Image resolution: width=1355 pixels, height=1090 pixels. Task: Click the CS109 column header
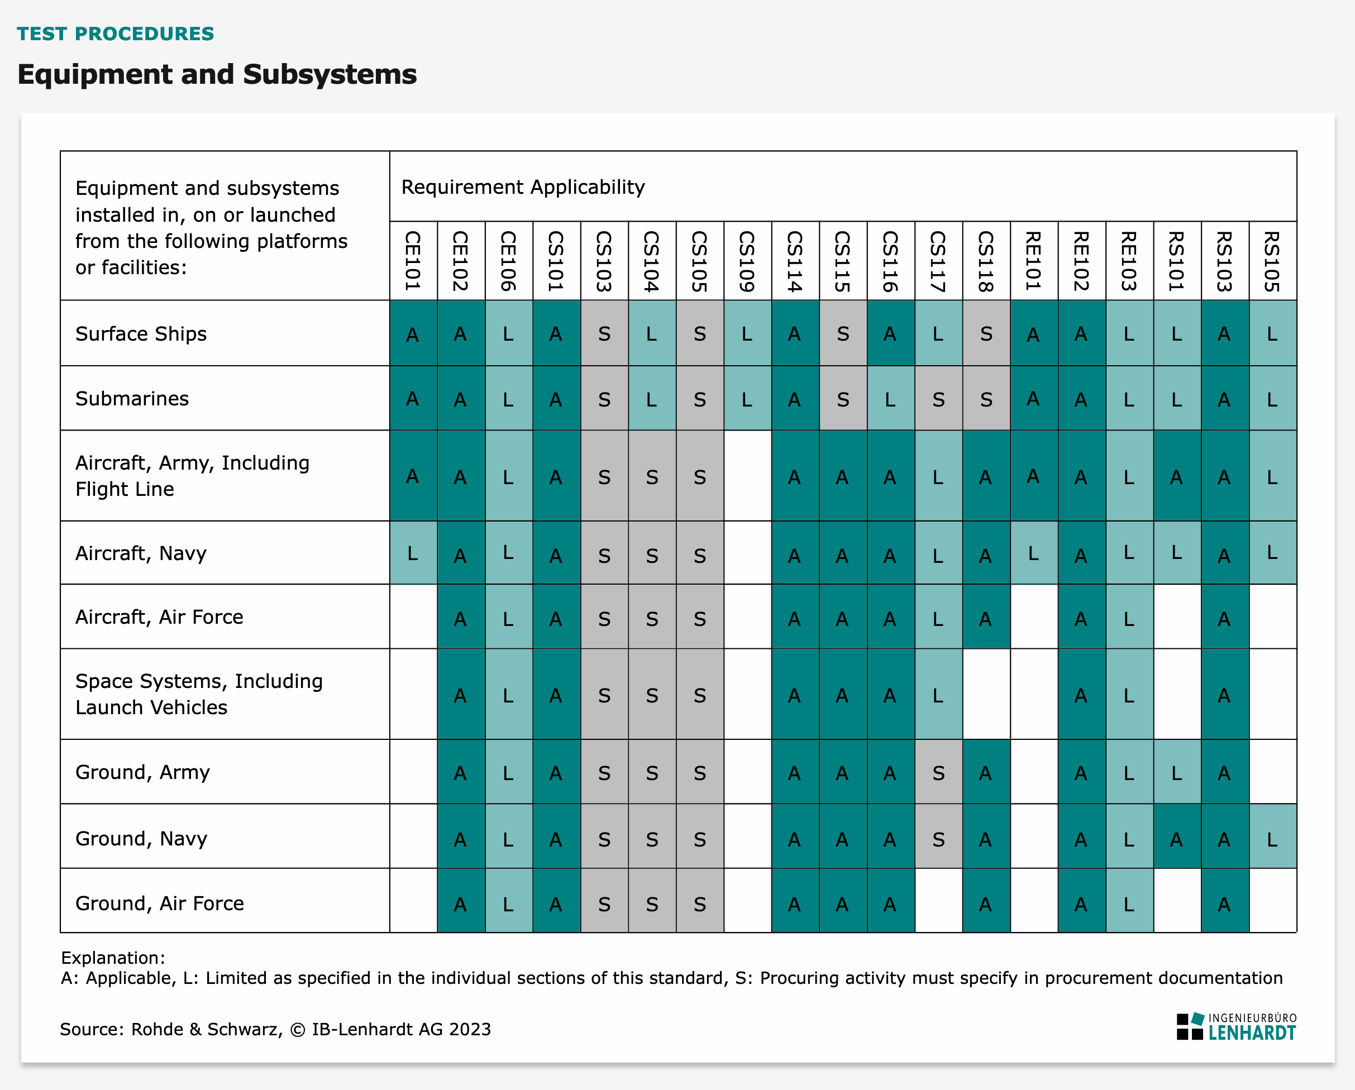747,261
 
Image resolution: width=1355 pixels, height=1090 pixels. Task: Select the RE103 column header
1129,261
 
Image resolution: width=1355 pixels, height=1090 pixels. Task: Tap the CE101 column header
413,261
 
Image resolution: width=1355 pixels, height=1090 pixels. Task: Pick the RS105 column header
1273,261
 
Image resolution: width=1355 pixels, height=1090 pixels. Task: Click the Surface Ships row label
141,333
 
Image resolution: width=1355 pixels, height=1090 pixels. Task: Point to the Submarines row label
132,398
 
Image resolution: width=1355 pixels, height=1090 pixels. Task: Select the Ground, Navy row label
141,838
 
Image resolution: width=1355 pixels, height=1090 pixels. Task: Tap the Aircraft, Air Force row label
159,617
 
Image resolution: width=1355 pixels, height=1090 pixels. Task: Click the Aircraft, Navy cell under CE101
413,553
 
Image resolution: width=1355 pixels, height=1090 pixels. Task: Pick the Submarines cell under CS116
890,398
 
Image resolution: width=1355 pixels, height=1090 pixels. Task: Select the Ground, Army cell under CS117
938,773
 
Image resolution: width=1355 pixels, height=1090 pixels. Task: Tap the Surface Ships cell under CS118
986,333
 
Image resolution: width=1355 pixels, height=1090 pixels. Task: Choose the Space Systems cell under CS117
938,695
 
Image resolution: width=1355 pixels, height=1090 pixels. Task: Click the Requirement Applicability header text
523,187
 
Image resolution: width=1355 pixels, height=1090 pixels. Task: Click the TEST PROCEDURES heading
115,34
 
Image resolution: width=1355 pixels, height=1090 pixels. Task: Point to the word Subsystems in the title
330,74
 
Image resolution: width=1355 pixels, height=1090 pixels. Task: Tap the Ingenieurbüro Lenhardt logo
1236,1026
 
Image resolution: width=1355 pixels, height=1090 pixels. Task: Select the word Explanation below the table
112,958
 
